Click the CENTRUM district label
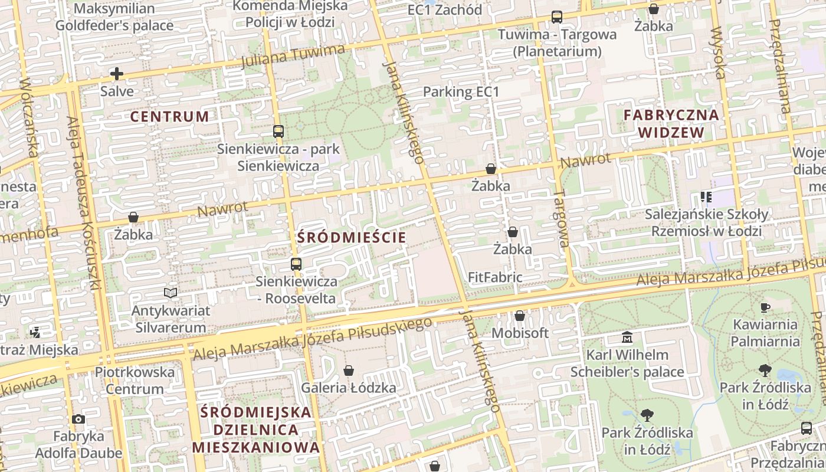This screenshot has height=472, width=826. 169,116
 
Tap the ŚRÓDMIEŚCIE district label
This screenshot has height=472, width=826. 352,238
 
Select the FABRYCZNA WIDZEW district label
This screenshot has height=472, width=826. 671,123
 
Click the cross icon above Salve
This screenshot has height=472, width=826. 117,74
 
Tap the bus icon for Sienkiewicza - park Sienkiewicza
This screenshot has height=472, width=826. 278,132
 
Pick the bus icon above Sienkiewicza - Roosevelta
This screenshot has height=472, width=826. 296,264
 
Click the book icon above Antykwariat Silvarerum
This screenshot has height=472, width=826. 171,293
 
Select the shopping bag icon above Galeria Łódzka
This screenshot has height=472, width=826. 349,371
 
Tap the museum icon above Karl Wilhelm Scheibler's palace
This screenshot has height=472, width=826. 627,337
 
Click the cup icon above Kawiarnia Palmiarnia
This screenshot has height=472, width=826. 765,307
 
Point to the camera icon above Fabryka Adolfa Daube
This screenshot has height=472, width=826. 78,419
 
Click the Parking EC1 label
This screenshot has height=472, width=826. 461,92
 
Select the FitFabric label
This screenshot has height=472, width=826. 494,277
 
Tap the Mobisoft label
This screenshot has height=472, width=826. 520,333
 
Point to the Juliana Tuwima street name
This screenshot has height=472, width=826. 293,55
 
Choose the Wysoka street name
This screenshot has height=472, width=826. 719,53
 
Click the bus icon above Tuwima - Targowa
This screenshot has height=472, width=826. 556,17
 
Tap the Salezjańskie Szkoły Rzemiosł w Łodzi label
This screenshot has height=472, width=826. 706,222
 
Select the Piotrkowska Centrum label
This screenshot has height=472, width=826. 135,381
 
